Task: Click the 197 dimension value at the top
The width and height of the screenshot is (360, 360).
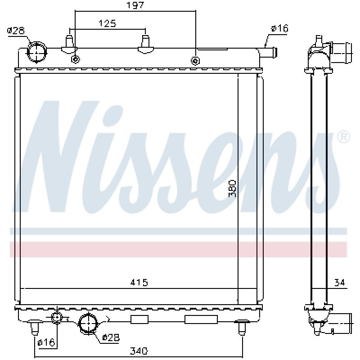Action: (x=135, y=5)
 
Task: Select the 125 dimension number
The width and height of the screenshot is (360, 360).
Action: (x=107, y=23)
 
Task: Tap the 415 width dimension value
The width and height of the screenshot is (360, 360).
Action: (x=139, y=282)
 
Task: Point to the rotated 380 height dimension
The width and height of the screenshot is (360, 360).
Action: (x=232, y=189)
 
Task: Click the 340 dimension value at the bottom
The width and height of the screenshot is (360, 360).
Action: (x=139, y=351)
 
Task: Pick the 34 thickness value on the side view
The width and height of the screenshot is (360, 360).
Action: (x=340, y=282)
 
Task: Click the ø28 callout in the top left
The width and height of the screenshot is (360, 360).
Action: (x=16, y=31)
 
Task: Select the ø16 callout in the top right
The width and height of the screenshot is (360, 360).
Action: (x=279, y=28)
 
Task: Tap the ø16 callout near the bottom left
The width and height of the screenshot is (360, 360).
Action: (x=46, y=342)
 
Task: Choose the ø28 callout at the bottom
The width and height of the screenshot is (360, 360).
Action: (x=111, y=337)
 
